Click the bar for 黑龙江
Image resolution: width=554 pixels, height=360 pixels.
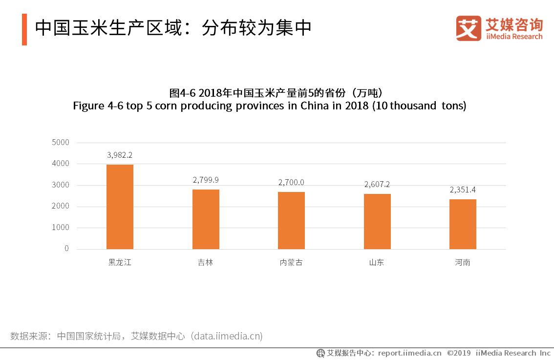120,207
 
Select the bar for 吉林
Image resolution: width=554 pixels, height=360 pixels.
206,219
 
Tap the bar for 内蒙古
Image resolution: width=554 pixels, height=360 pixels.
291,220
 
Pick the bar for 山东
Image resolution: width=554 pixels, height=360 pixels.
377,221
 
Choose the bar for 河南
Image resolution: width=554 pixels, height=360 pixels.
463,224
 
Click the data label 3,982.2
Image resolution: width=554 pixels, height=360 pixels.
120,155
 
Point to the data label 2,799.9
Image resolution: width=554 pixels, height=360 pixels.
206,180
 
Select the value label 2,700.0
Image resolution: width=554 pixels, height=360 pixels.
291,182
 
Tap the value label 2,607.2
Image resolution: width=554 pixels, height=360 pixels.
377,184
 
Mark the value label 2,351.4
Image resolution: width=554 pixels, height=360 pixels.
463,190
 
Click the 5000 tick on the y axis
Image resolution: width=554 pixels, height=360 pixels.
61,142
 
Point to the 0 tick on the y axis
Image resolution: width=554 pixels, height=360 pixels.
66,249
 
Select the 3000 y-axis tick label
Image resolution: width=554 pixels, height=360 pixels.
61,185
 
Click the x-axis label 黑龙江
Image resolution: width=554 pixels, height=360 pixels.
120,262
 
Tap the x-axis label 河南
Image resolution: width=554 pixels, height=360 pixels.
463,262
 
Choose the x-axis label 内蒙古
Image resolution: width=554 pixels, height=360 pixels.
291,262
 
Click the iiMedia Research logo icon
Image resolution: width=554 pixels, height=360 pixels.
469,28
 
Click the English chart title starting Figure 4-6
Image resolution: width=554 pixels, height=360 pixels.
269,106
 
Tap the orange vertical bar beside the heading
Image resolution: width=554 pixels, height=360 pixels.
24,29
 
